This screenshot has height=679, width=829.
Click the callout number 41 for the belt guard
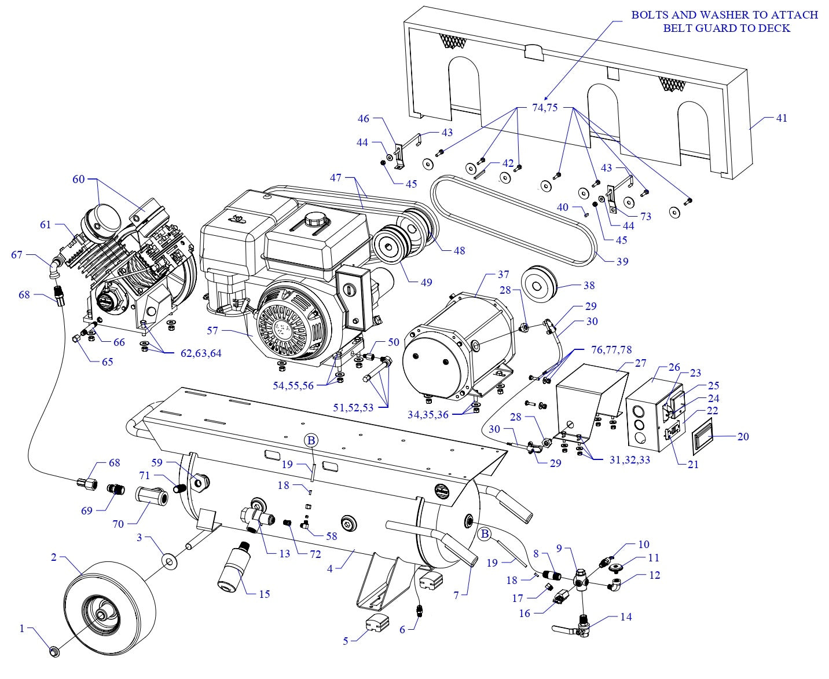781,118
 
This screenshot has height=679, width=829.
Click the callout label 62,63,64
200,353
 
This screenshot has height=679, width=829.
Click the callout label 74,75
545,107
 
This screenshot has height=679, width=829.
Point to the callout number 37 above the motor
502,274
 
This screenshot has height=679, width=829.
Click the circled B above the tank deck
310,440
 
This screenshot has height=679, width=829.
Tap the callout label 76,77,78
611,350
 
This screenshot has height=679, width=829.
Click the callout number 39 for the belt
622,261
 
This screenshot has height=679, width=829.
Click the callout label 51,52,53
353,407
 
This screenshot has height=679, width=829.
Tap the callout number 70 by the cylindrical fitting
118,524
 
